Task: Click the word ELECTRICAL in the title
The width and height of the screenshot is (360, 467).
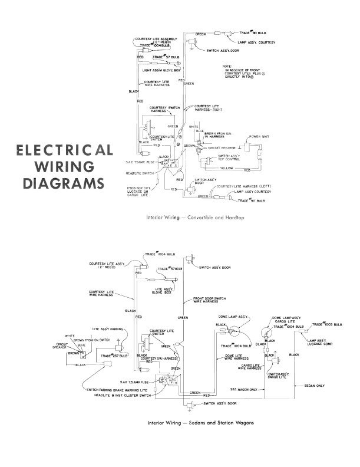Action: [65, 150]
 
